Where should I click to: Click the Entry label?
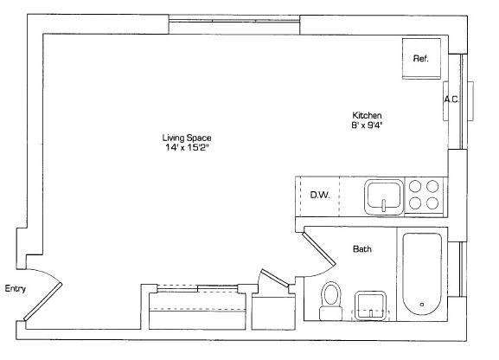pyautogui.click(x=16, y=289)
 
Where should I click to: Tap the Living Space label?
pyautogui.click(x=187, y=138)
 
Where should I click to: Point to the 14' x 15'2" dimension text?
pyautogui.click(x=187, y=147)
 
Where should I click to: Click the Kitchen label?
pyautogui.click(x=367, y=115)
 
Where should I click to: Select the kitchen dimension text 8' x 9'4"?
pyautogui.click(x=367, y=125)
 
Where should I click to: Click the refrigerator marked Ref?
pyautogui.click(x=421, y=58)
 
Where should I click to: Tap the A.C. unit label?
pyautogui.click(x=451, y=100)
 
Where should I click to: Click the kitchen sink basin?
pyautogui.click(x=384, y=197)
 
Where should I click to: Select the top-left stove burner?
pyautogui.click(x=415, y=186)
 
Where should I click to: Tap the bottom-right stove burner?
pyautogui.click(x=432, y=203)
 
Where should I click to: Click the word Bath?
pyautogui.click(x=362, y=249)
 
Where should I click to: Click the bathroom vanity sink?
pyautogui.click(x=371, y=305)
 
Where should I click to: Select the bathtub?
pyautogui.click(x=422, y=274)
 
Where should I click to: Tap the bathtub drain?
pyautogui.click(x=422, y=305)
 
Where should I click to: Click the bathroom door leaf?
pyautogui.click(x=319, y=249)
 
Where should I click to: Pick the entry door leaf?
pyautogui.click(x=42, y=302)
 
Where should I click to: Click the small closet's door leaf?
pyautogui.click(x=275, y=277)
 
